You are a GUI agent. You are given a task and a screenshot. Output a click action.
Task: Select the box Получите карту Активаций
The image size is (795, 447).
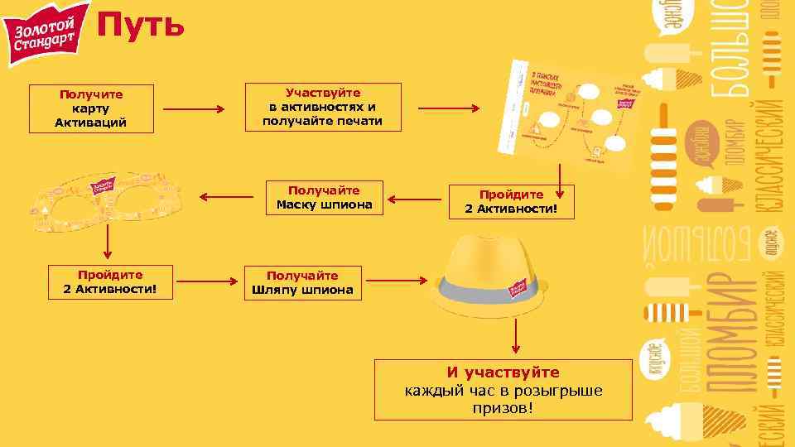tap(91, 108)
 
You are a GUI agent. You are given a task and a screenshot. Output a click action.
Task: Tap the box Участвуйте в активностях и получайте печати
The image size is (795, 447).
tap(323, 107)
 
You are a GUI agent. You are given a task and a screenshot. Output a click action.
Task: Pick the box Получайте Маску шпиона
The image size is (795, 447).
tap(325, 198)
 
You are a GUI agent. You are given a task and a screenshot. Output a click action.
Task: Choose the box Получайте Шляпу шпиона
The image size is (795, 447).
tap(302, 283)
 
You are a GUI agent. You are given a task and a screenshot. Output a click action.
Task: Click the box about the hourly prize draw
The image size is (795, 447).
tap(503, 388)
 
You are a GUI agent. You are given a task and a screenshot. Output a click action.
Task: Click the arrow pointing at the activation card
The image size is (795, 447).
tap(448, 108)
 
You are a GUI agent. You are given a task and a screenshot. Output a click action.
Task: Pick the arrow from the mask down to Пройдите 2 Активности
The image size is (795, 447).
tap(107, 243)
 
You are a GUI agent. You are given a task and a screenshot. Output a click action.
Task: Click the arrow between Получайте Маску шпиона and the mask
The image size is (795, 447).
tap(227, 198)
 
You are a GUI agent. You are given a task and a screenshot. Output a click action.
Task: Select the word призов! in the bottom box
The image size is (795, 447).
tap(503, 408)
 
